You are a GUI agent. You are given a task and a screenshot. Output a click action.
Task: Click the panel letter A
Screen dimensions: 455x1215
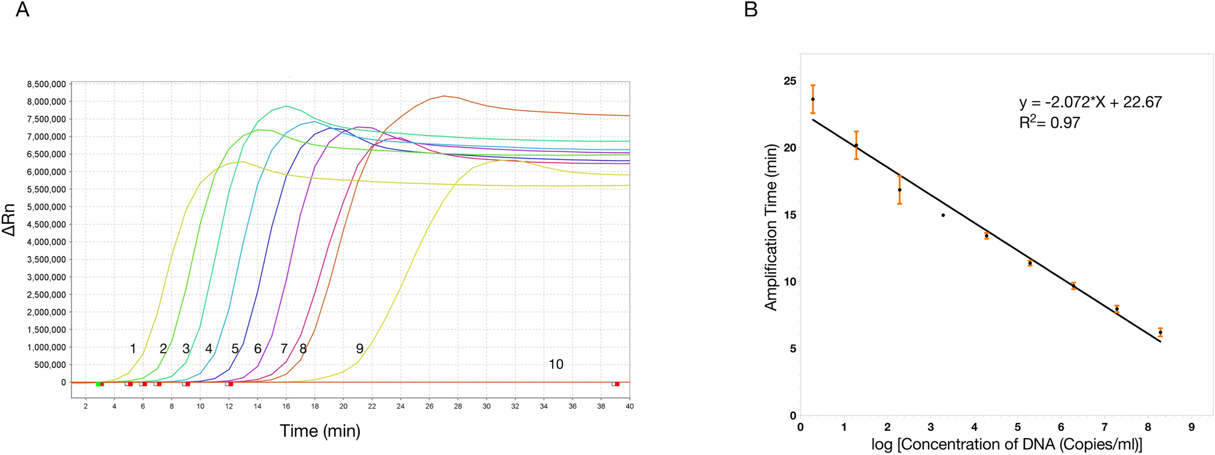click(22, 10)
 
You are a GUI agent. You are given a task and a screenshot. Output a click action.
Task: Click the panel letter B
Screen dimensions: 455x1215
click(751, 10)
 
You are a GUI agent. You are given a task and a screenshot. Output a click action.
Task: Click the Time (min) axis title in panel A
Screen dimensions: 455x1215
click(320, 431)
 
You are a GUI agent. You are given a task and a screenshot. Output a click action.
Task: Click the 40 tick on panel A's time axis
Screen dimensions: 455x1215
click(629, 407)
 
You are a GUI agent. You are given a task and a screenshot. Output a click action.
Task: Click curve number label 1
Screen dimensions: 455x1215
click(133, 349)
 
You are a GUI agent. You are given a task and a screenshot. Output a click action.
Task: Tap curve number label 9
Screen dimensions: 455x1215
click(360, 349)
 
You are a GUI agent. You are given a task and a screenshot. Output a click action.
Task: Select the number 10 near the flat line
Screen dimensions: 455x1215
click(556, 364)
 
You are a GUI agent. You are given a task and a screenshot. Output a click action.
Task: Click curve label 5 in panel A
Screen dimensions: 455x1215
click(235, 349)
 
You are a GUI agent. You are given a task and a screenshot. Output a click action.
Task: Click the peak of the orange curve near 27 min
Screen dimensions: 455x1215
click(444, 96)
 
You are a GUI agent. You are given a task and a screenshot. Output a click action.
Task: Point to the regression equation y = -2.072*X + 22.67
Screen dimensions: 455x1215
click(1090, 102)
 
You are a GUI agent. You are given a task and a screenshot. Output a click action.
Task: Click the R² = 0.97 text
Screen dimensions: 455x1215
click(1050, 123)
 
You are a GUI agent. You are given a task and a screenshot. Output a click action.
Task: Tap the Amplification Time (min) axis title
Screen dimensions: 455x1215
click(771, 227)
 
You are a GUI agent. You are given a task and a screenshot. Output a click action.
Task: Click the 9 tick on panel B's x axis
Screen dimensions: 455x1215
click(1192, 427)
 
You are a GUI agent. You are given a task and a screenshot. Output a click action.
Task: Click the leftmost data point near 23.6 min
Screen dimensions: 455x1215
click(813, 99)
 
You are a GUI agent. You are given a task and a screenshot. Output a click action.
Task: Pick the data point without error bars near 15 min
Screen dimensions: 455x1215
click(943, 215)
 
